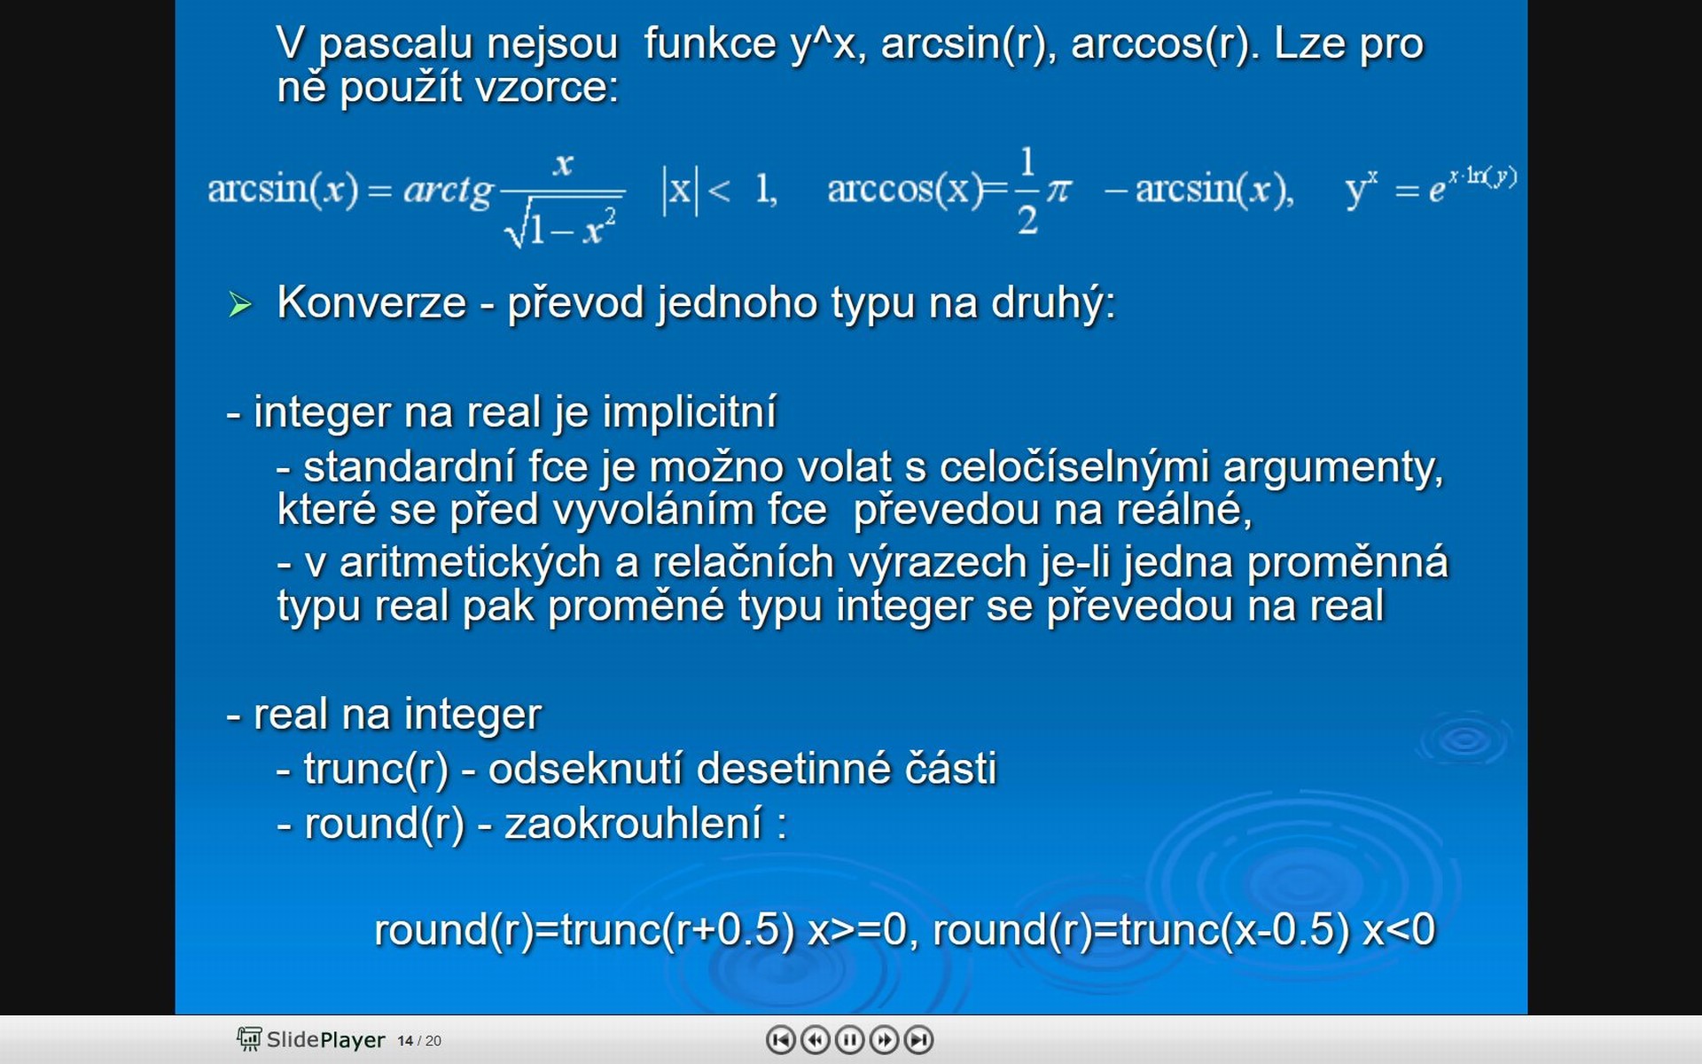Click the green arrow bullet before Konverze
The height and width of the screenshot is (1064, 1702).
pyautogui.click(x=239, y=304)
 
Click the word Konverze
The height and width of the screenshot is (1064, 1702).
pyautogui.click(x=371, y=302)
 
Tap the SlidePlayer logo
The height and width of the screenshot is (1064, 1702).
pyautogui.click(x=310, y=1039)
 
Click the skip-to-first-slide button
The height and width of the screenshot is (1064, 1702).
pyautogui.click(x=780, y=1039)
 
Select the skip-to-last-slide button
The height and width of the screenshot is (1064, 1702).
pyautogui.click(x=918, y=1039)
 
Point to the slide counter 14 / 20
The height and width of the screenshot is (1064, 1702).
pyautogui.click(x=419, y=1041)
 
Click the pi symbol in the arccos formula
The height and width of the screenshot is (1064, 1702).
pyautogui.click(x=1058, y=189)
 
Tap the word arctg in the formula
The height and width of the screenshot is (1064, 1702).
pyautogui.click(x=449, y=190)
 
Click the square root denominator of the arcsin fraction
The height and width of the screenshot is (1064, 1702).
pyautogui.click(x=560, y=227)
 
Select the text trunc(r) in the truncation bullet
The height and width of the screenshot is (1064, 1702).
pyautogui.click(x=377, y=769)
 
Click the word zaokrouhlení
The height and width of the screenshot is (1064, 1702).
pyautogui.click(x=633, y=824)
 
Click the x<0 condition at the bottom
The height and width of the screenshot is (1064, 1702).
pyautogui.click(x=1399, y=930)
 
